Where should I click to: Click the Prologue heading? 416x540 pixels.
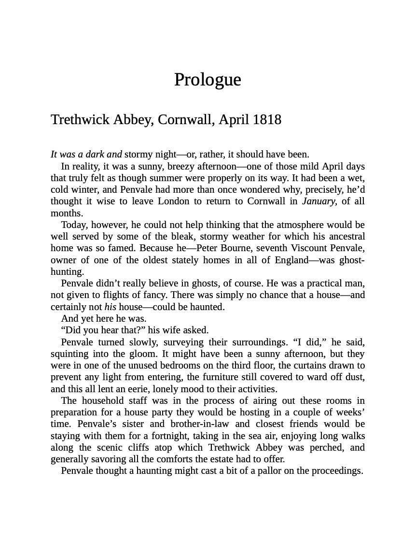208,80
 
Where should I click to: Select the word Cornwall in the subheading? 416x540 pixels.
186,120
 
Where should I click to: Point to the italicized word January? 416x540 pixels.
319,201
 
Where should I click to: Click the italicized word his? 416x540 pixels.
110,307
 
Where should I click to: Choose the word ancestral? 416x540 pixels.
345,237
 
